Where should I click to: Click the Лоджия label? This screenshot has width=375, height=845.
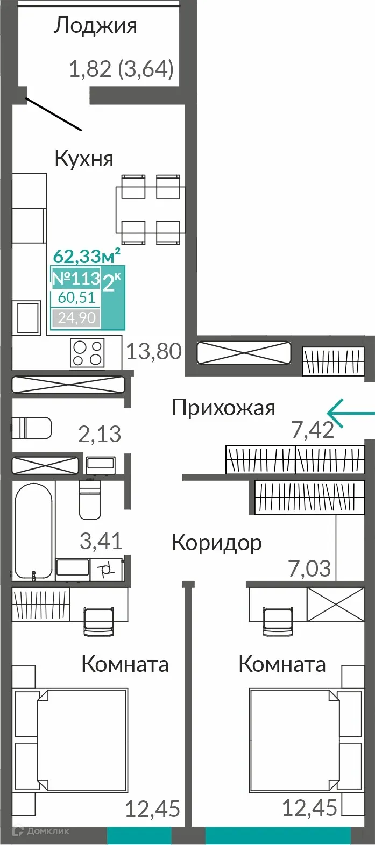click(x=95, y=26)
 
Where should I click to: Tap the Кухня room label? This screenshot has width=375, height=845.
click(x=84, y=159)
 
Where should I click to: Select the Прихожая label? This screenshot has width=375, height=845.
click(x=223, y=408)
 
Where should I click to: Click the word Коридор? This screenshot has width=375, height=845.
click(x=216, y=543)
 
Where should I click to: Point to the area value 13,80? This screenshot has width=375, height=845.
click(x=154, y=352)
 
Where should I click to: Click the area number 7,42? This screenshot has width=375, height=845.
click(x=313, y=430)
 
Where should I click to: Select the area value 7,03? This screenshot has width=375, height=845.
click(x=310, y=569)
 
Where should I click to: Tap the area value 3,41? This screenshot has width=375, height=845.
click(x=101, y=541)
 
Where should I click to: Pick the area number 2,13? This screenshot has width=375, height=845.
click(x=100, y=434)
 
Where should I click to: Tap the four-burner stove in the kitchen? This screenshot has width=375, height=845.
click(x=87, y=353)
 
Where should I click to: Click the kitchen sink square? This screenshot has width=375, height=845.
click(x=27, y=317)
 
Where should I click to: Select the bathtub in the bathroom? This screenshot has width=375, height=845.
click(x=33, y=530)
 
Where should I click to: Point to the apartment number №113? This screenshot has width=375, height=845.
click(x=76, y=278)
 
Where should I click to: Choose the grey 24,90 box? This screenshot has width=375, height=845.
click(x=76, y=318)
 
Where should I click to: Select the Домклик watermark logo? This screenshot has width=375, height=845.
click(x=41, y=831)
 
